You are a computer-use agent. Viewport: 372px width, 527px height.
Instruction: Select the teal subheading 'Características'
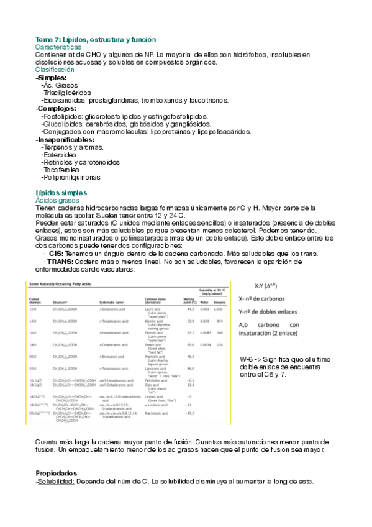tap(58, 47)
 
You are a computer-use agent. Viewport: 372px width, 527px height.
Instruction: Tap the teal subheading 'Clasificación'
tap(55, 70)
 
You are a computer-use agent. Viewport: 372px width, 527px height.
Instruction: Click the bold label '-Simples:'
tap(51, 78)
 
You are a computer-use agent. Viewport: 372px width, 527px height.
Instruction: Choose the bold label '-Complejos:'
tap(56, 108)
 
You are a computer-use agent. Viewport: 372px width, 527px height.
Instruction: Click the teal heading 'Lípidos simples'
tap(61, 193)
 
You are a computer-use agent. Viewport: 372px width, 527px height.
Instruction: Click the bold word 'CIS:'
tap(55, 254)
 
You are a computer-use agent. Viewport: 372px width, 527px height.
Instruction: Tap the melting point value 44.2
tap(191, 308)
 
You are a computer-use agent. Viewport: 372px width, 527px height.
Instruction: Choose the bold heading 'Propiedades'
tap(56, 472)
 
